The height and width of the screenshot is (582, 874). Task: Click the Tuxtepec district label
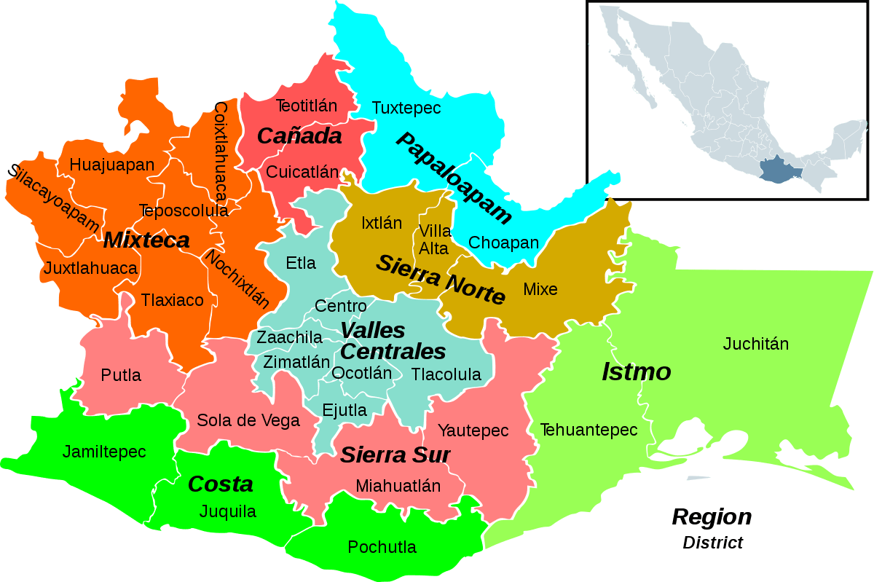[406, 109]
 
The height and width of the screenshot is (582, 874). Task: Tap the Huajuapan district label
[112, 165]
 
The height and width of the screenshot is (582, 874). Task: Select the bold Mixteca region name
[146, 240]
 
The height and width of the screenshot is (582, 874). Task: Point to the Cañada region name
[299, 136]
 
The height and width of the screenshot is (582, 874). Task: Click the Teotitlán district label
[307, 106]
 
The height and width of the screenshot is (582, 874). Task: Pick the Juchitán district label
[756, 344]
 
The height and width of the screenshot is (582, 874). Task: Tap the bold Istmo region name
[636, 372]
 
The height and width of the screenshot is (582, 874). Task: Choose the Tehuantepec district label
[588, 430]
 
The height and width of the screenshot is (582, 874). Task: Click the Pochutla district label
[382, 547]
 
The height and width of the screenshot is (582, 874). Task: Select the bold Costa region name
[220, 484]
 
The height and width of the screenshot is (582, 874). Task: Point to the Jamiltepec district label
[104, 452]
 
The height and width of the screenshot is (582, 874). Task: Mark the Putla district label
[121, 376]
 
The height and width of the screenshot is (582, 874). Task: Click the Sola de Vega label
[248, 420]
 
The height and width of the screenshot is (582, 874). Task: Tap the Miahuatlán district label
[398, 486]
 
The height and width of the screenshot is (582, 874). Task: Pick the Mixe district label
[540, 289]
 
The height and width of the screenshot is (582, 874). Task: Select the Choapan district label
[504, 243]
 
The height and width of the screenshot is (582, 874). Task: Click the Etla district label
[301, 263]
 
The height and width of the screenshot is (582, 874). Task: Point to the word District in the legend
[712, 543]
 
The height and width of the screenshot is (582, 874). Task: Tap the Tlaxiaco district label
[173, 299]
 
